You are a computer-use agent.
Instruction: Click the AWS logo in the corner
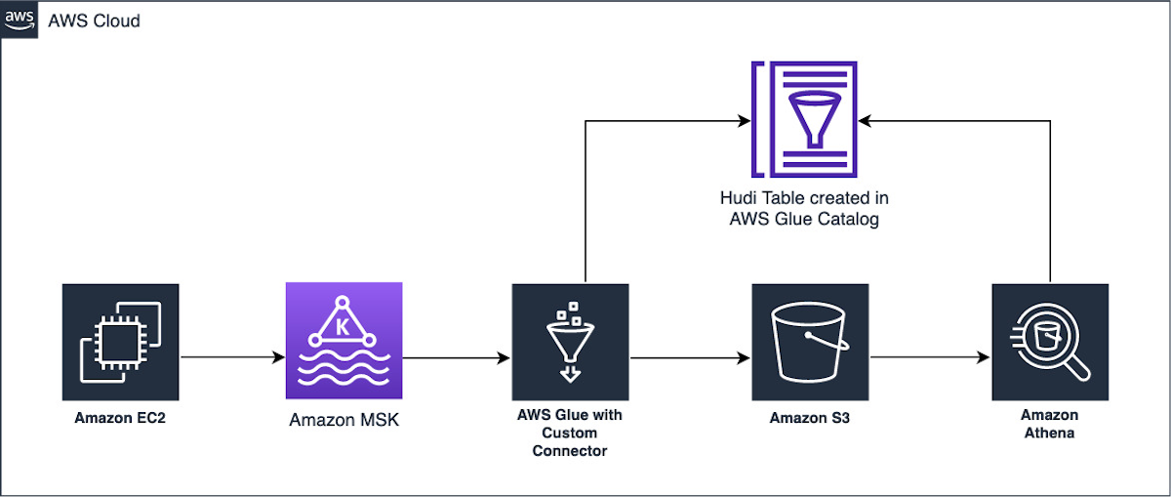coord(20,20)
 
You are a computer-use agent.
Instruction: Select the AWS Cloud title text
coord(94,21)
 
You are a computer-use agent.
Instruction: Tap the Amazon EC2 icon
coord(120,342)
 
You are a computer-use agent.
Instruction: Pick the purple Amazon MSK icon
coord(343,341)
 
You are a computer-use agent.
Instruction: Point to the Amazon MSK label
coord(343,420)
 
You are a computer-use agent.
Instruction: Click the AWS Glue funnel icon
coord(570,342)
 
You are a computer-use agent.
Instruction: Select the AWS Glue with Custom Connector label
coord(570,433)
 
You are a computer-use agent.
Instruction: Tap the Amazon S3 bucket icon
coord(810,342)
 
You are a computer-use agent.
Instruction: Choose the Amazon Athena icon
coord(1050,342)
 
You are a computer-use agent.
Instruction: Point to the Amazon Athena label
coord(1050,425)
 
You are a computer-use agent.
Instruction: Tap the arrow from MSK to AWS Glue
coord(457,358)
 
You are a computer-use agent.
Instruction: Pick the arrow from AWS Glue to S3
coord(690,358)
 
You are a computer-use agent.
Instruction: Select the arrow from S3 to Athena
coord(930,358)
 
